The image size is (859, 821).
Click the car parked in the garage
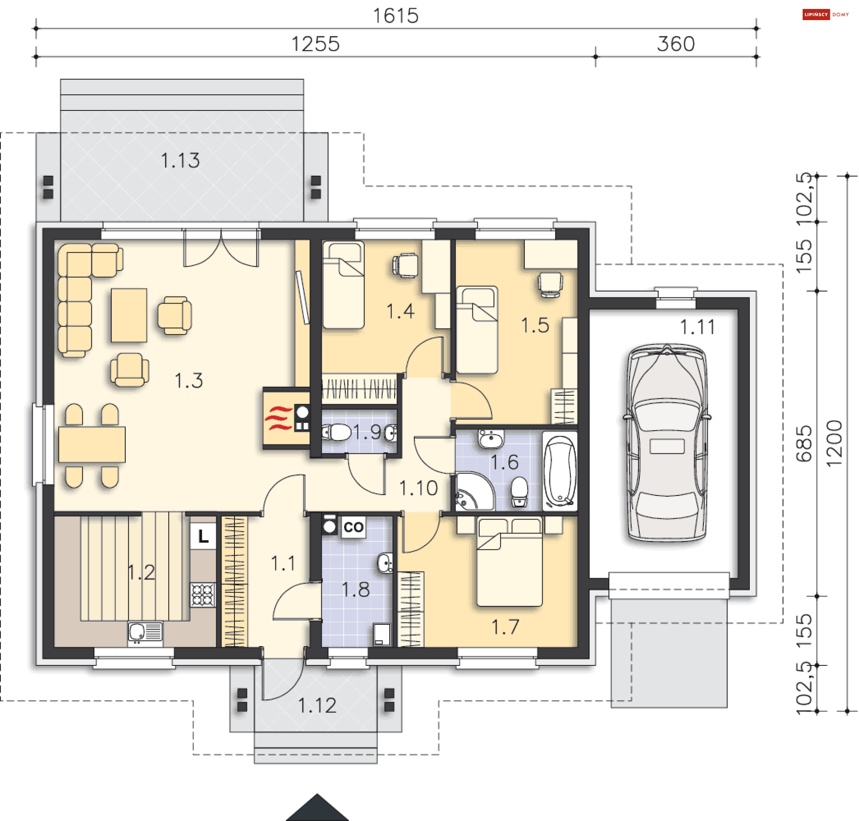point(667,442)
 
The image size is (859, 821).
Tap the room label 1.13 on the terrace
point(180,161)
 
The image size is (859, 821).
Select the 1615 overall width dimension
point(396,16)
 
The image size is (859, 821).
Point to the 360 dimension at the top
point(676,44)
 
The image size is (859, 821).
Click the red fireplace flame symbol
point(278,418)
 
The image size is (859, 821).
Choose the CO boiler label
point(353,527)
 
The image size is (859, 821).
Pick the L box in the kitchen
point(203,536)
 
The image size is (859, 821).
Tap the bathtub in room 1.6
point(560,471)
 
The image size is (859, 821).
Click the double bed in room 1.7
point(510,562)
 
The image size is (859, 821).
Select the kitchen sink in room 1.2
point(145,632)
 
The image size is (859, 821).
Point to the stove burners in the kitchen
point(203,595)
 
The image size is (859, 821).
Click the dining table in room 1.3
point(92,444)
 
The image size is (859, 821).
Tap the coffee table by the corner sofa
point(129,315)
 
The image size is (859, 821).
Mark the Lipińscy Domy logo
point(825,14)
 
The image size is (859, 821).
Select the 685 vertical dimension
point(804,444)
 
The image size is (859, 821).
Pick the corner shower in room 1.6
point(475,491)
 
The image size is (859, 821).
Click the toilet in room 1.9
point(336,432)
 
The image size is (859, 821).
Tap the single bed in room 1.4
point(343,285)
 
